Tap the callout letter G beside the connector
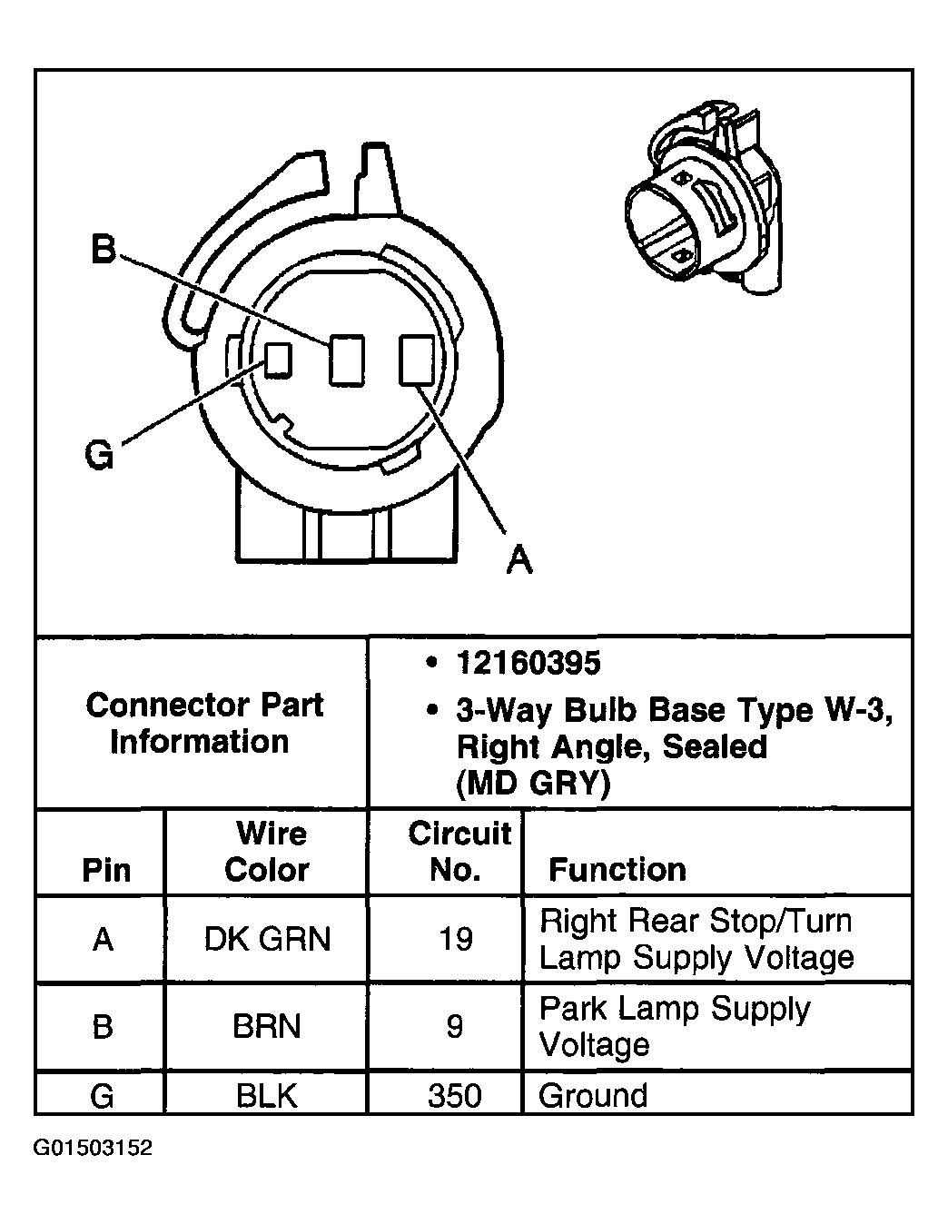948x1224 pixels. click(x=99, y=454)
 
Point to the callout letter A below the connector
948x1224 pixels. click(x=518, y=558)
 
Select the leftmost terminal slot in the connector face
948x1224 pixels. click(x=278, y=360)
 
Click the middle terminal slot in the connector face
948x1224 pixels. click(x=346, y=359)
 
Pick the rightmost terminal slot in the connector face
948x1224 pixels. click(x=417, y=358)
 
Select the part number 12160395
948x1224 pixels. click(x=528, y=663)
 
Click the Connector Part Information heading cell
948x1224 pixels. click(x=203, y=723)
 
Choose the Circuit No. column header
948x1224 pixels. click(x=459, y=851)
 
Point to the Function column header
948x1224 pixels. click(x=617, y=869)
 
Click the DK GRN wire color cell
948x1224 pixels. click(x=267, y=938)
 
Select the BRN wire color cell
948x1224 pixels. click(x=266, y=1026)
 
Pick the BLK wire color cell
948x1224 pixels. click(x=266, y=1095)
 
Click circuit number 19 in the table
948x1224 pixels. click(x=455, y=938)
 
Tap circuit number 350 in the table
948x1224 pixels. click(x=454, y=1095)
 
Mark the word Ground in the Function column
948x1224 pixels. click(x=593, y=1095)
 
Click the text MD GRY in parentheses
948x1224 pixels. click(x=533, y=783)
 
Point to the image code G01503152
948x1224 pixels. click(x=93, y=1148)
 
